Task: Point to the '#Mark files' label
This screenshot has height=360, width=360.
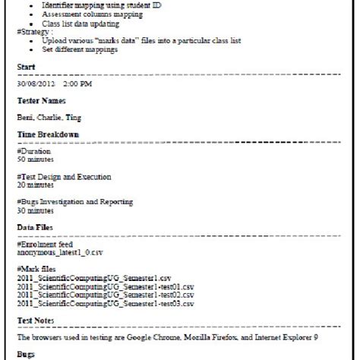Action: coord(36,269)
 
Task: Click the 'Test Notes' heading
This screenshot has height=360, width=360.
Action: coord(38,319)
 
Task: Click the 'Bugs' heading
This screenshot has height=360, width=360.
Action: coord(25,353)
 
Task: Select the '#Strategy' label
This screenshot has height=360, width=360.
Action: coord(34,32)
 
